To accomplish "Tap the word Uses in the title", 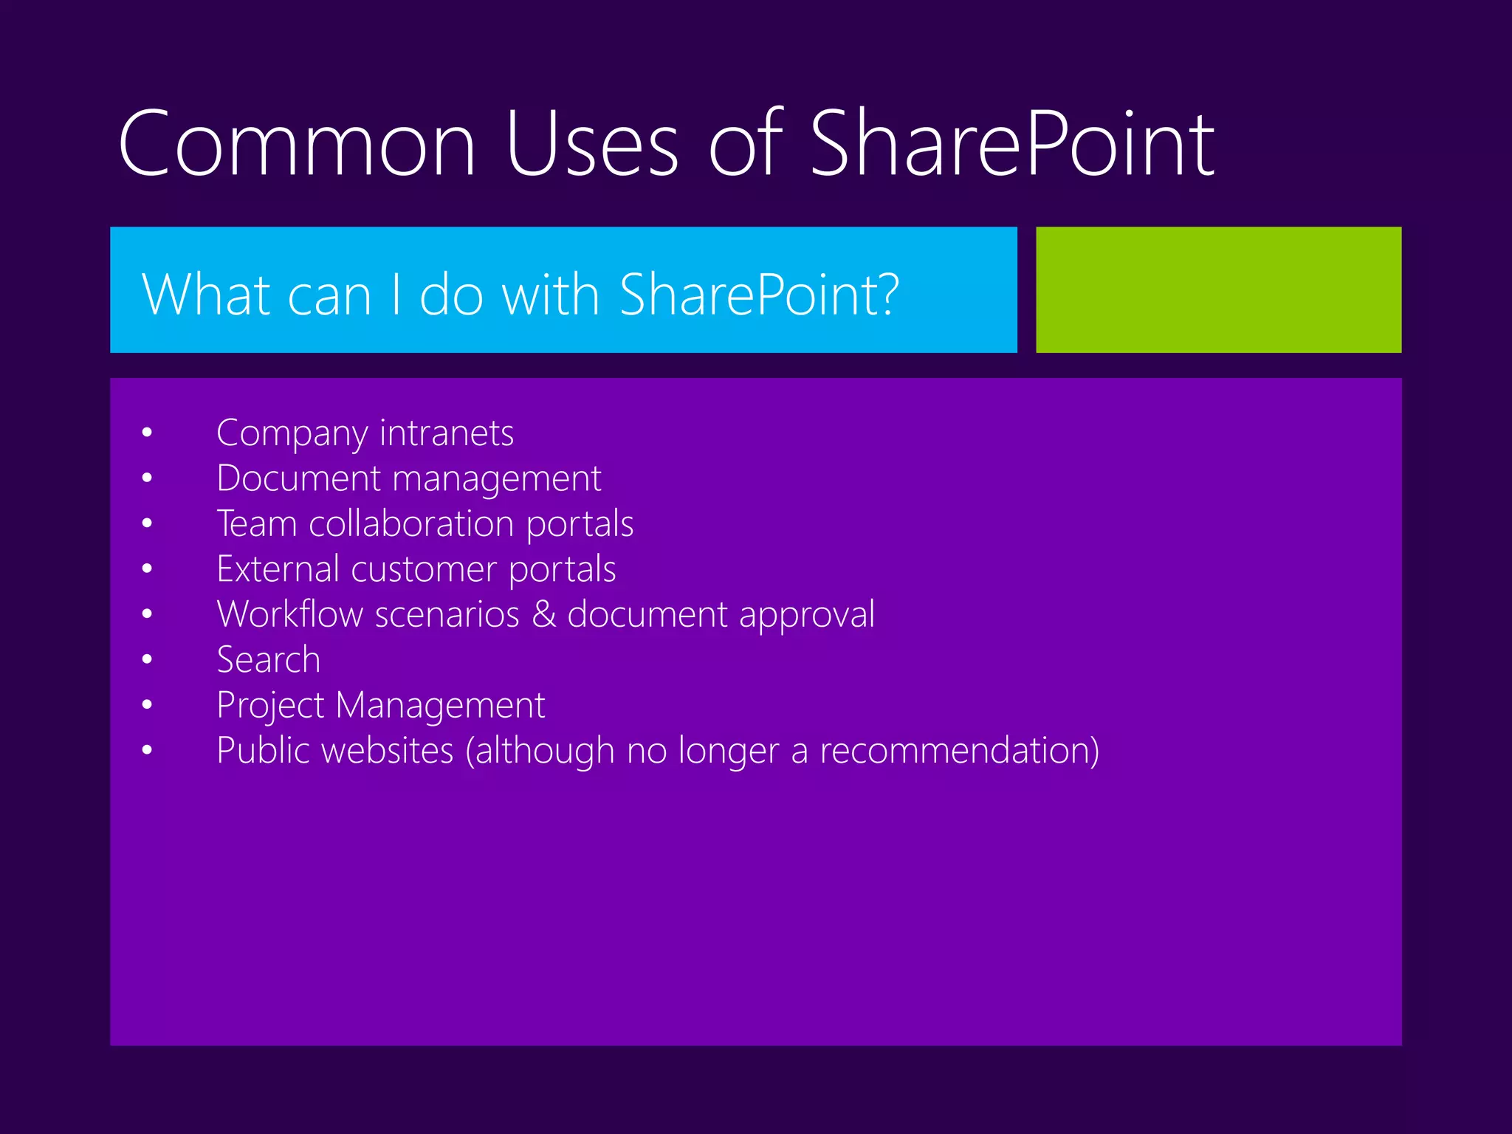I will (591, 143).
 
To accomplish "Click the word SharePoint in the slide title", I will (1012, 143).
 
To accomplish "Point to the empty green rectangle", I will (1218, 289).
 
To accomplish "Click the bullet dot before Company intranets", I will (148, 433).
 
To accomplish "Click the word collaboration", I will (411, 523).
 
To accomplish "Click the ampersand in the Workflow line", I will (544, 614).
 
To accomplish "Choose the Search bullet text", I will (269, 659).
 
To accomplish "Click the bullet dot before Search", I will (148, 659).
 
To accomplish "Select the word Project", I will (270, 706).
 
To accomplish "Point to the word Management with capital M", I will (440, 706).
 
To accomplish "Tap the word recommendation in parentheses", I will (955, 750).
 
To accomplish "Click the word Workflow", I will (290, 614).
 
